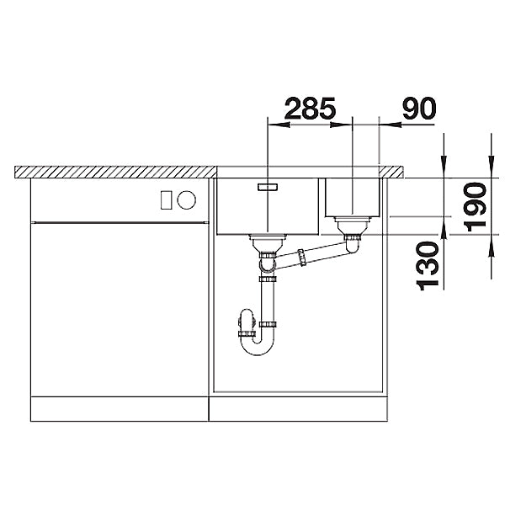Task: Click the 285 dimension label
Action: (310, 109)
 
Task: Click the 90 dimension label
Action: (419, 109)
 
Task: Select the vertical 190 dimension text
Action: (476, 207)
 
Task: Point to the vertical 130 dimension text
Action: (428, 266)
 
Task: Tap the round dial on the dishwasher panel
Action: (187, 199)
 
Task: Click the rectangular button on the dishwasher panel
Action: (166, 199)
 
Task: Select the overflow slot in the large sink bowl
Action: (268, 187)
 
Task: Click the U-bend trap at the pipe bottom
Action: (258, 346)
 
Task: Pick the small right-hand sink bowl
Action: (353, 198)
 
